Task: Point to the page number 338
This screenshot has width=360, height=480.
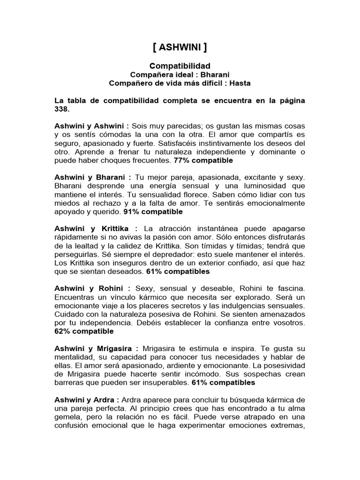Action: (x=61, y=109)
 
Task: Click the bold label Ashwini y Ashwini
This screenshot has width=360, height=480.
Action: (x=92, y=126)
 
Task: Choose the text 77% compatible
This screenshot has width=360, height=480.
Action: (x=203, y=160)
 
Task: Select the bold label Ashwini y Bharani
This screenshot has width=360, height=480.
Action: (x=93, y=178)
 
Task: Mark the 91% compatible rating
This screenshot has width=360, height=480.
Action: (x=153, y=211)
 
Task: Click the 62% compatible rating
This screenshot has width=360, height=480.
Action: (x=84, y=331)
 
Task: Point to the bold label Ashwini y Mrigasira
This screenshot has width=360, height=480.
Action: (x=97, y=348)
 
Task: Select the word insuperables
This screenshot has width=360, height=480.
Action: (x=165, y=382)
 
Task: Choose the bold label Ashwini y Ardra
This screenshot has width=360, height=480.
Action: (x=86, y=399)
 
